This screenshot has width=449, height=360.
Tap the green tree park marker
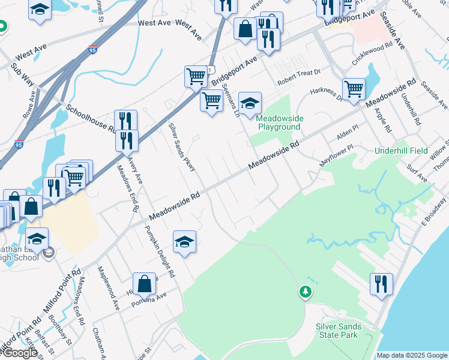tap(306, 292)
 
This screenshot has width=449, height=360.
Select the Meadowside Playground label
tap(279, 123)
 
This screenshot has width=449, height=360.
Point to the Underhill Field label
tap(399, 151)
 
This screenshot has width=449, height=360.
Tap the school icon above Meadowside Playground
tap(250, 103)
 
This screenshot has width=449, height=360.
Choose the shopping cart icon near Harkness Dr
tap(354, 89)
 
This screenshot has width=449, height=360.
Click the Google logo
tap(20, 353)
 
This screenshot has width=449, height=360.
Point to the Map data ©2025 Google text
tap(412, 355)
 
